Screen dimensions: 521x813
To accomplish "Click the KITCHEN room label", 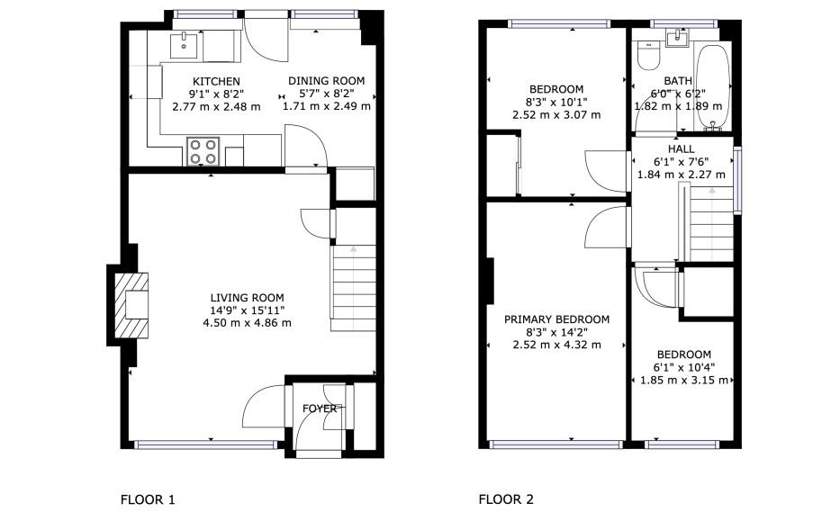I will point(214,82).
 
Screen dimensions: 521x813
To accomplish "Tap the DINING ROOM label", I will point(326,82).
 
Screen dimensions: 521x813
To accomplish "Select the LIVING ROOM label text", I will point(247,298).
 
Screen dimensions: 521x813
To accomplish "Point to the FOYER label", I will point(320,409).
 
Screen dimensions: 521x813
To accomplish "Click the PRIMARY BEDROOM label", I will point(556,319).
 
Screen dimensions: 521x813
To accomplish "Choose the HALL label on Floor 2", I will point(681,149).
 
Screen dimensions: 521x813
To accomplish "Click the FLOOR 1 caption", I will point(148,499).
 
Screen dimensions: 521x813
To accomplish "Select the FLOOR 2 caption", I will point(506,499).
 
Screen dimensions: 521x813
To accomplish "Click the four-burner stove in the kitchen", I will point(203,151).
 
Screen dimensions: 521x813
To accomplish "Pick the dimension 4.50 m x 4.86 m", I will point(247,323).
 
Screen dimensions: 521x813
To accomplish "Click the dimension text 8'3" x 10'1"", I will point(556,102).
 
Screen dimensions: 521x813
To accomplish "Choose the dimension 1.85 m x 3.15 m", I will point(683,381).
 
